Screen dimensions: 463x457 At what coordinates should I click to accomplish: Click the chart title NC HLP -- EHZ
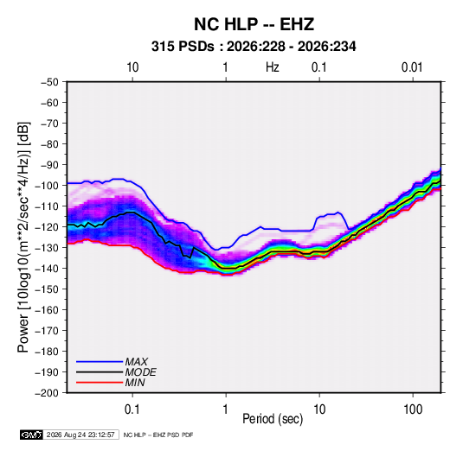coord(254,24)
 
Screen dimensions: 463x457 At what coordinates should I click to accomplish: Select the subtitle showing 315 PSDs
coord(254,47)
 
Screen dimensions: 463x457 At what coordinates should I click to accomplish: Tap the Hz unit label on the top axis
coord(273,67)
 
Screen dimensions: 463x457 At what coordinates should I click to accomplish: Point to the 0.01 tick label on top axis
coord(412,67)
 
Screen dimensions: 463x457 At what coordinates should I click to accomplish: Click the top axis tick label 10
coord(132,67)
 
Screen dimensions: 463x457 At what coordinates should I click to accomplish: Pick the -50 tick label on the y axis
coord(49,82)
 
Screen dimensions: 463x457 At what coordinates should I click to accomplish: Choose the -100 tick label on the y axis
coord(47,186)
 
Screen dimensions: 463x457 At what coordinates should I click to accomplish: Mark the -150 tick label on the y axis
coord(47,289)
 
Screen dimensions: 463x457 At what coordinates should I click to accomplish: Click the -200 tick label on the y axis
coord(47,393)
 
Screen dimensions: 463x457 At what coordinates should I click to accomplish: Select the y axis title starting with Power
coord(23,238)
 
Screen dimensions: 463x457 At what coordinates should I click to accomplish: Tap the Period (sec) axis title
coord(273,419)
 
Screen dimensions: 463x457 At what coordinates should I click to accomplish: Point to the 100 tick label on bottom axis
coord(413,409)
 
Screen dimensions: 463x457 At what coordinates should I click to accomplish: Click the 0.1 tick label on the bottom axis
coord(132,409)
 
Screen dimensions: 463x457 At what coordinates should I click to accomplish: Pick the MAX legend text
coord(137,362)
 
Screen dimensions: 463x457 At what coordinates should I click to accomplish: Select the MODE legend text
coord(140,372)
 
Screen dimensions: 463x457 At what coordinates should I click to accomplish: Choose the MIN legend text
coord(135,383)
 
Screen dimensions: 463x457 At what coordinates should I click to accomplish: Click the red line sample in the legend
coord(100,383)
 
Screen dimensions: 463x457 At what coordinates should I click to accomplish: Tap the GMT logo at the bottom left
coord(31,435)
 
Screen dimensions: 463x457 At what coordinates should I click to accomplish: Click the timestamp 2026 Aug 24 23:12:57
coord(80,435)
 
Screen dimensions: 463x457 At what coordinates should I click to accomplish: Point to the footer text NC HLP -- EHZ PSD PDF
coord(158,435)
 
